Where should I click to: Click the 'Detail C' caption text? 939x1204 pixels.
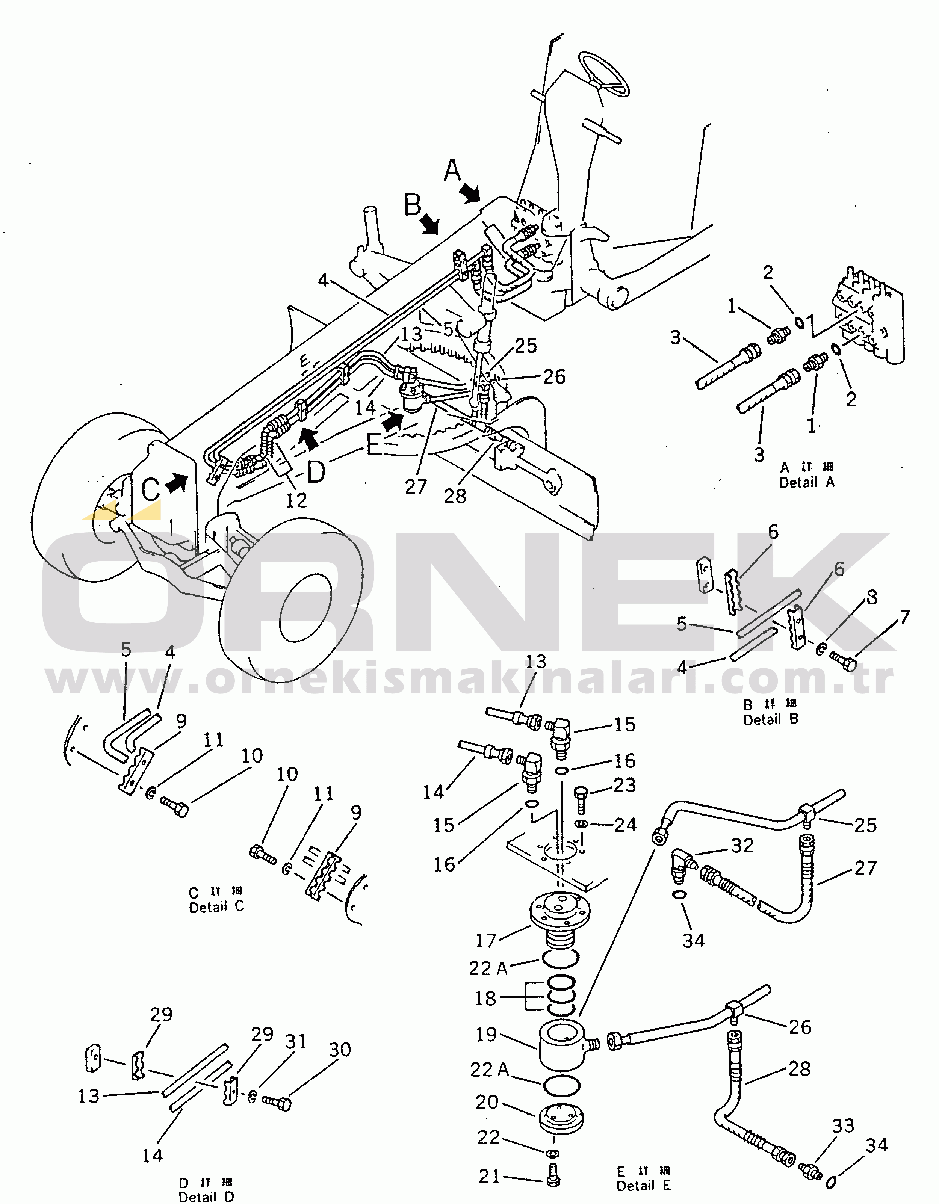pos(216,907)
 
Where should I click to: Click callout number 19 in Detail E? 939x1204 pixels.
pos(486,1034)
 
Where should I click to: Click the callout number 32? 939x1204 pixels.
pos(742,845)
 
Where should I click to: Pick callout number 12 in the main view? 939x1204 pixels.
pos(296,500)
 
